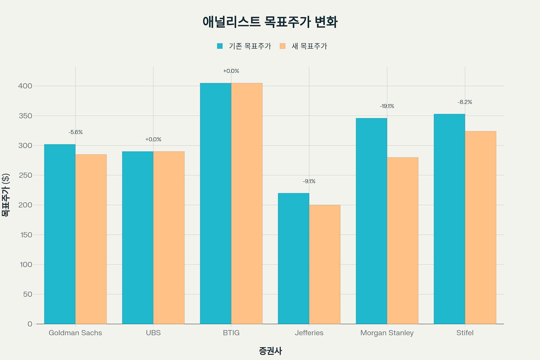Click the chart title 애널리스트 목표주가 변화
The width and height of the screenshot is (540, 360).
(270, 22)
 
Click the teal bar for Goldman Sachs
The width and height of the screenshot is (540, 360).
(60, 234)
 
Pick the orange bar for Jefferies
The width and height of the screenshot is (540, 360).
(324, 264)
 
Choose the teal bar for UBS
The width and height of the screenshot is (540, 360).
(137, 237)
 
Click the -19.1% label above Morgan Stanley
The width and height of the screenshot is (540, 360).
(387, 106)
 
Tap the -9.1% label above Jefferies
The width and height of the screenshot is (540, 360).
(309, 181)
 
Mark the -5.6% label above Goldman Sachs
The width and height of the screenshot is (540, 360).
(76, 132)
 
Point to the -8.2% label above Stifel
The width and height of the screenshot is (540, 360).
(465, 102)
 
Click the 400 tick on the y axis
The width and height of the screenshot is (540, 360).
(25, 86)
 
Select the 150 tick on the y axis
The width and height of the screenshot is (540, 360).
(26, 235)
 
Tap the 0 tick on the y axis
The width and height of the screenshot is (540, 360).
(30, 324)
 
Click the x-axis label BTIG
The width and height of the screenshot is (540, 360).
(231, 333)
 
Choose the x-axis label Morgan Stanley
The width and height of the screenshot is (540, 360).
(387, 333)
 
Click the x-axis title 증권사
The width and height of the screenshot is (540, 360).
(270, 351)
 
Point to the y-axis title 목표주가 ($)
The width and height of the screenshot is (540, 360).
(6, 195)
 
